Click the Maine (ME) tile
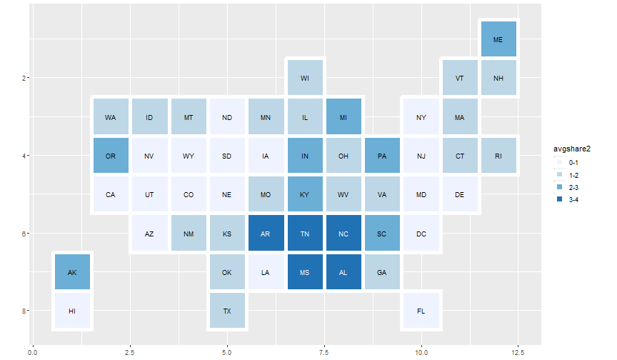[498, 39]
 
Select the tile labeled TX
[227, 311]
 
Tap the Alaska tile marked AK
[71, 272]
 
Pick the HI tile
[71, 311]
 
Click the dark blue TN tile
[305, 234]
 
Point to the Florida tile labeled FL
[421, 311]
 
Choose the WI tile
[305, 78]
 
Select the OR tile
[111, 156]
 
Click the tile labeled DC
[421, 234]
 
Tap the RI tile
[498, 156]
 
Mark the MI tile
[343, 117]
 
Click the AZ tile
[149, 234]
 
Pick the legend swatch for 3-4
[560, 199]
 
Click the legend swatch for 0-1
[560, 162]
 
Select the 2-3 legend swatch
[560, 186]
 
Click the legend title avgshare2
[572, 149]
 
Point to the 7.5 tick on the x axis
[324, 352]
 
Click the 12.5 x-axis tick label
[518, 352]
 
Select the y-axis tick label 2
[23, 78]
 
